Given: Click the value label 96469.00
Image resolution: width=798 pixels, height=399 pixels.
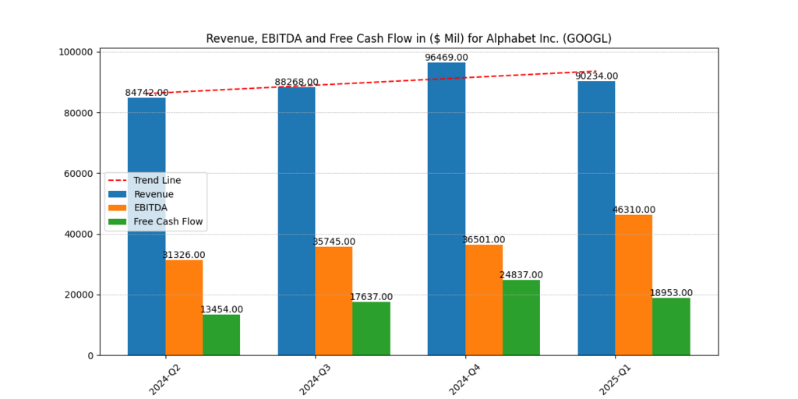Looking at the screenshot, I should [447, 58].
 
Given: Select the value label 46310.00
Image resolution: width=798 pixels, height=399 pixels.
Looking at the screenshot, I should [634, 210].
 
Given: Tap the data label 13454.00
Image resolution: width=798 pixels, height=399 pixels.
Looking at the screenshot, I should [221, 309].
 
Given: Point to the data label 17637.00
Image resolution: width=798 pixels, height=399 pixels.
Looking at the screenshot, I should [371, 297].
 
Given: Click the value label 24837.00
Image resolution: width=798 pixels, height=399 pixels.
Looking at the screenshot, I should [521, 275].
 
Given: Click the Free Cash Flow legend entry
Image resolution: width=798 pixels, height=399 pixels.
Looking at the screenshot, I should [168, 222].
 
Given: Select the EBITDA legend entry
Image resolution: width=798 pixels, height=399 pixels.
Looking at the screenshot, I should [150, 208].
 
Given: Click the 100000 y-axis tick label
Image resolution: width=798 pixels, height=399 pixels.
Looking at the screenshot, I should [74, 52].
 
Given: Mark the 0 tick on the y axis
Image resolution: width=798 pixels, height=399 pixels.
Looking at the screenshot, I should [90, 355].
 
